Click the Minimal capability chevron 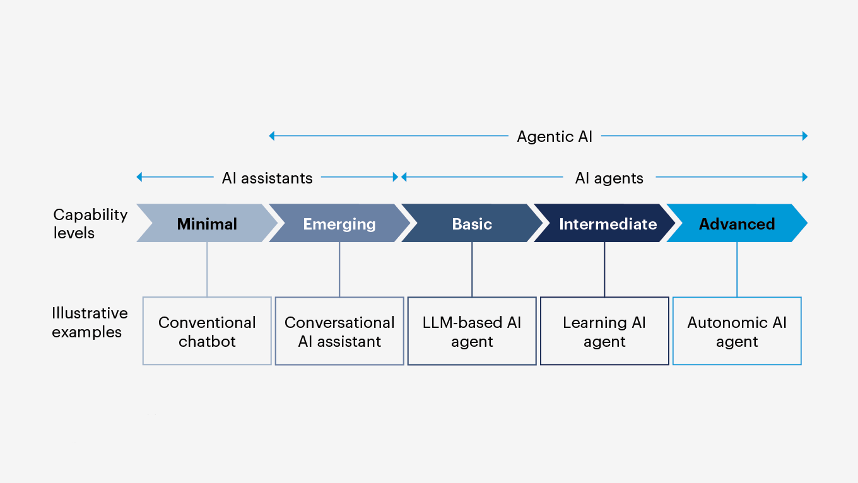pos(207,223)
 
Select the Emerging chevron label pos(339,224)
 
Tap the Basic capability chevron pos(472,224)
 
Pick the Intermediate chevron pos(608,224)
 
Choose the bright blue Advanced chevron pos(736,224)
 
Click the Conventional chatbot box pos(207,331)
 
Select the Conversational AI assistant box pos(339,331)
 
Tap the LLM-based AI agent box pos(472,331)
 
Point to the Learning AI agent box pos(604,331)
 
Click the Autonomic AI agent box pos(737,331)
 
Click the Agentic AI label pos(555,136)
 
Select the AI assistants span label pos(267,178)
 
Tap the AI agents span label pos(609,178)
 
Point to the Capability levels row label pos(90,223)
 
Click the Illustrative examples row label pos(90,322)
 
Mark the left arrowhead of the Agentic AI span pos(272,136)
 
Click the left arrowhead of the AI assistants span pos(139,177)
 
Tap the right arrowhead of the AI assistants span pos(396,177)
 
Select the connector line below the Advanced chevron pos(737,269)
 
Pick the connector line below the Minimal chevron pos(207,269)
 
